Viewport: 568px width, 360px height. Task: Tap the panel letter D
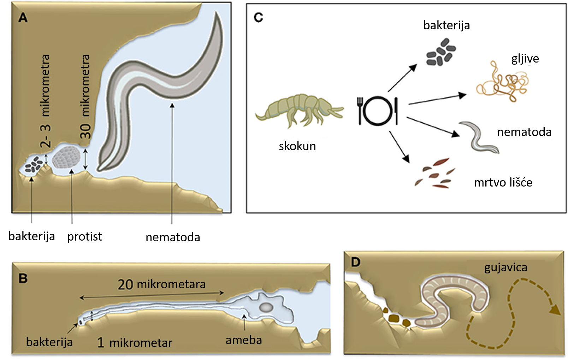356,262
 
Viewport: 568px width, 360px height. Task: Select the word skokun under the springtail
297,146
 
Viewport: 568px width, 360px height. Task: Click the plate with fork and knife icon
378,111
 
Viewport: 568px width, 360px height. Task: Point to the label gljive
525,59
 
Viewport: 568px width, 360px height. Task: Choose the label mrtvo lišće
503,182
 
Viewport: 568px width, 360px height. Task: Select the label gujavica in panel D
505,268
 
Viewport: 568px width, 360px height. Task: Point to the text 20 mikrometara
161,284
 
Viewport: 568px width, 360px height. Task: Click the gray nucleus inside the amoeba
266,308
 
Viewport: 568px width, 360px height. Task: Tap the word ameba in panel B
244,340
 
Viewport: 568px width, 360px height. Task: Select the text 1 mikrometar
135,343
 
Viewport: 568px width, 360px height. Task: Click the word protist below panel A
85,237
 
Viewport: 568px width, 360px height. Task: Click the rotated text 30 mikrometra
85,96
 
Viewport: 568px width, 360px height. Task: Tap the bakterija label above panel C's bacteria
446,25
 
